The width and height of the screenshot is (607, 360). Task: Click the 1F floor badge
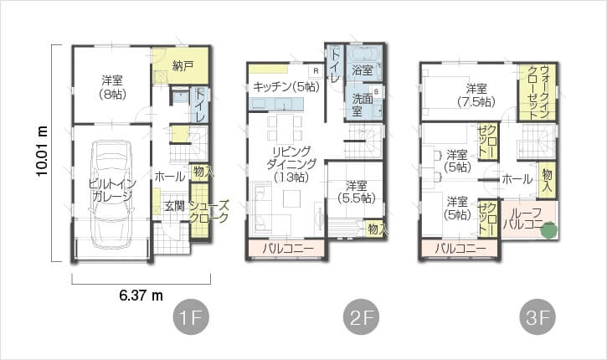pyautogui.click(x=191, y=317)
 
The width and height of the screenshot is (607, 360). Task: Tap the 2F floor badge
pyautogui.click(x=361, y=317)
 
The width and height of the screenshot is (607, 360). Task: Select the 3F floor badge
pyautogui.click(x=538, y=317)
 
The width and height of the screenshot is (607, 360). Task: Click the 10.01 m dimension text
pyautogui.click(x=42, y=151)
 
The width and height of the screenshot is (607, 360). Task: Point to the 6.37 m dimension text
pyautogui.click(x=141, y=296)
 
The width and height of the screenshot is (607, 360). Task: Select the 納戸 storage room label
pyautogui.click(x=183, y=66)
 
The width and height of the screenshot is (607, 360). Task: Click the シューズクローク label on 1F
pyautogui.click(x=209, y=211)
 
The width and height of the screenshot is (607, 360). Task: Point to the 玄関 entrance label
pyautogui.click(x=175, y=206)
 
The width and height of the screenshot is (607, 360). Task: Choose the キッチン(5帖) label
pyautogui.click(x=286, y=87)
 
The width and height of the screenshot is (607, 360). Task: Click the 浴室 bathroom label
pyautogui.click(x=363, y=70)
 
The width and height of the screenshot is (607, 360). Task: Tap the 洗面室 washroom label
pyautogui.click(x=363, y=105)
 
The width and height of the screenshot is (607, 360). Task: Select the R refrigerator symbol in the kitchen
pyautogui.click(x=316, y=71)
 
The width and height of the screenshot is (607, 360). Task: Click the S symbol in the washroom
pyautogui.click(x=376, y=92)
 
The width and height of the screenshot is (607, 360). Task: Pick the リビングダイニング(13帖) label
pyautogui.click(x=291, y=164)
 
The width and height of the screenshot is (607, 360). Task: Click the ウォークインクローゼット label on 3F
pyautogui.click(x=538, y=92)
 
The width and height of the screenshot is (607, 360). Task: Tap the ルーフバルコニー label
pyautogui.click(x=527, y=219)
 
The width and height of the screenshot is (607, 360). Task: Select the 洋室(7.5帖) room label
pyautogui.click(x=476, y=95)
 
